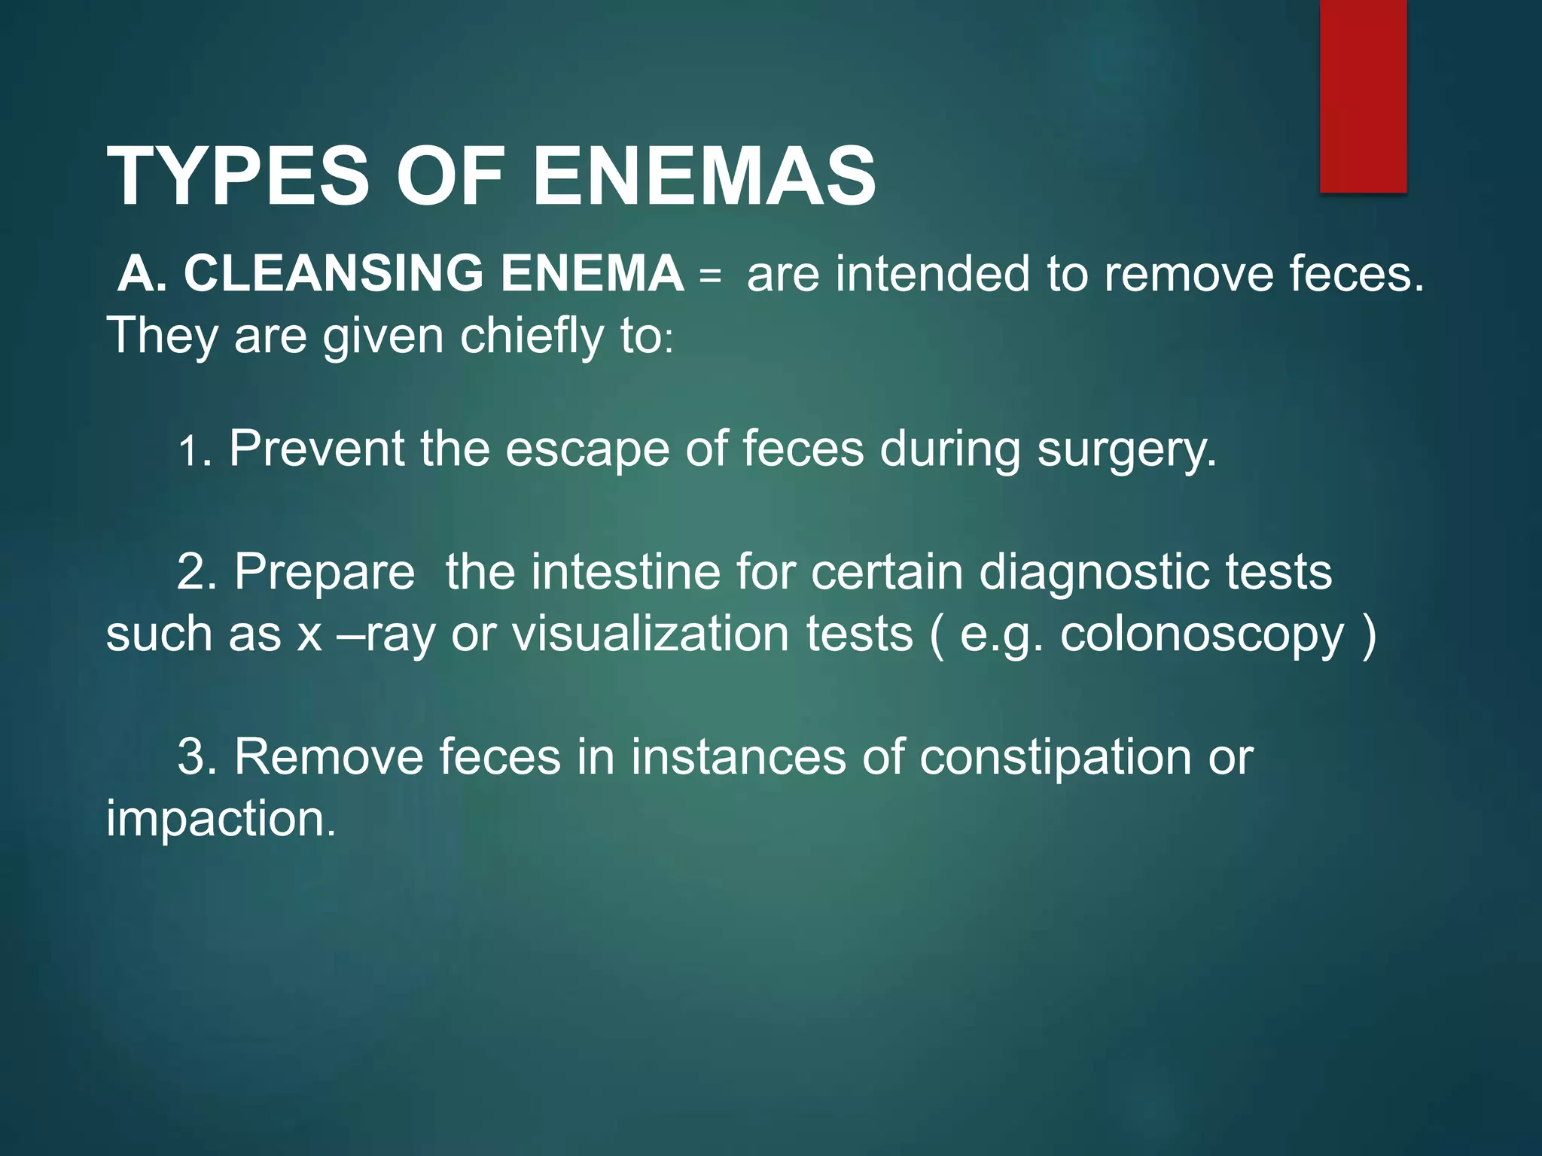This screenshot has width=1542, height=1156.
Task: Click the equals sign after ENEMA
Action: pyautogui.click(x=709, y=275)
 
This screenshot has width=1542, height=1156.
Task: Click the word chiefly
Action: pyautogui.click(x=532, y=336)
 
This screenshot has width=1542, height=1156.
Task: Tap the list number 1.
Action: pyautogui.click(x=188, y=452)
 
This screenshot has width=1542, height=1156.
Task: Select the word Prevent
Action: pyautogui.click(x=316, y=449)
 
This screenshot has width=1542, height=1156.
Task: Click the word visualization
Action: pyautogui.click(x=651, y=634)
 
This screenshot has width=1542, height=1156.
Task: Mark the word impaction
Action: pyautogui.click(x=220, y=820)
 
